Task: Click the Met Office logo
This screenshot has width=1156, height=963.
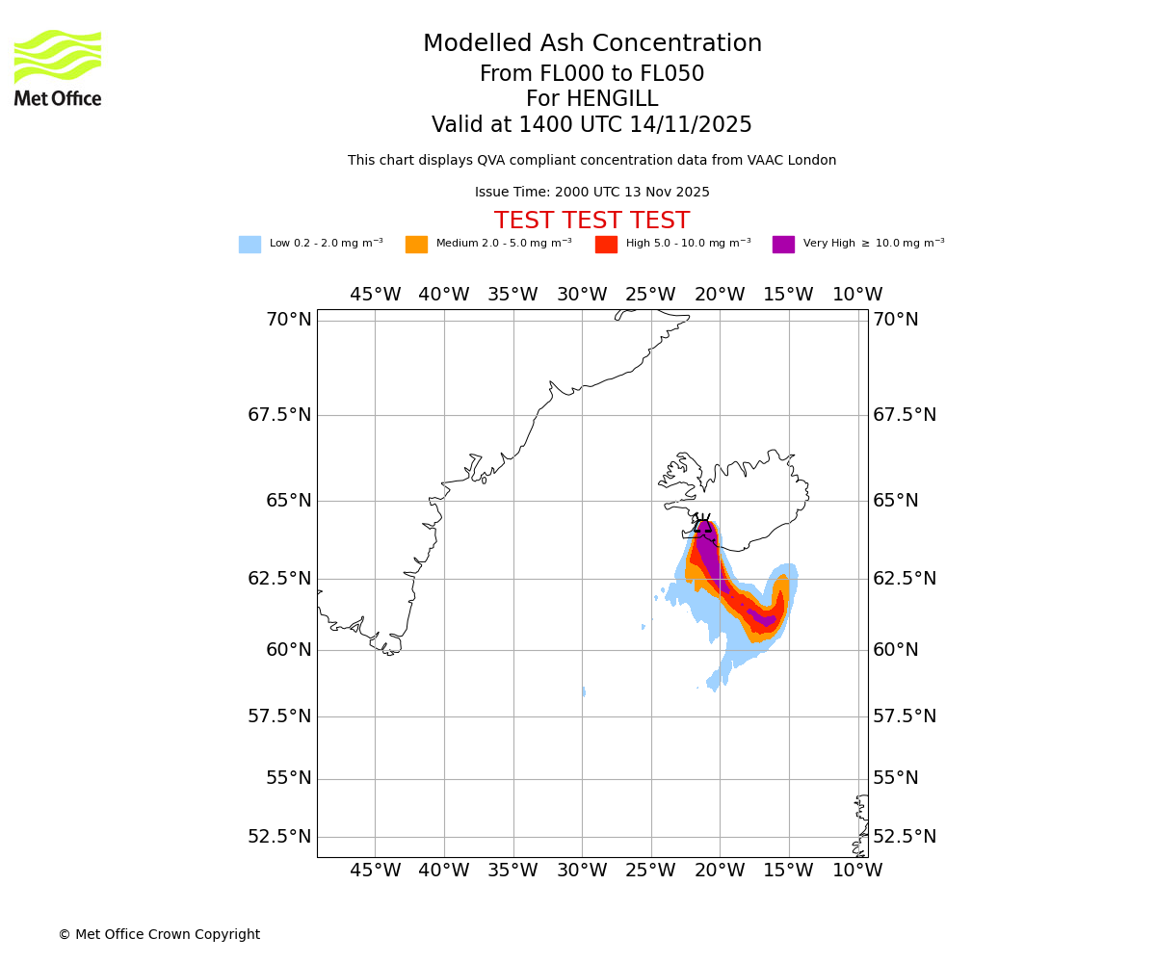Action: click(58, 67)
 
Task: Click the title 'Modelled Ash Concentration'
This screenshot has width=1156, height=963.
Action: click(591, 44)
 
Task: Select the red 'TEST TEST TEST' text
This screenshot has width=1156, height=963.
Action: click(591, 221)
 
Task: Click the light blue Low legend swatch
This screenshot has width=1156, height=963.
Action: click(250, 245)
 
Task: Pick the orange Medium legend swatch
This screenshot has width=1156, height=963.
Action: click(416, 245)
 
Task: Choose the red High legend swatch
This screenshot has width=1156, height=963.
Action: click(606, 245)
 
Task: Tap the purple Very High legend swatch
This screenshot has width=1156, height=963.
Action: click(783, 245)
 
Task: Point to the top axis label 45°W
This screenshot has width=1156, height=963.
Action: click(375, 295)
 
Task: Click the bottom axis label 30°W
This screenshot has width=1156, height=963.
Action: click(582, 871)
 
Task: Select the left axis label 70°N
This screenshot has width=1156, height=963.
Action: click(288, 320)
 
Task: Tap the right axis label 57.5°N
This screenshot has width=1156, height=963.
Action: click(904, 716)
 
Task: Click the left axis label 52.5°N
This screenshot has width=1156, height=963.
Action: click(279, 836)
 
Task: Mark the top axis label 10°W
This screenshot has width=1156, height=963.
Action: click(857, 295)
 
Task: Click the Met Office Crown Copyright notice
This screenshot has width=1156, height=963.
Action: click(159, 934)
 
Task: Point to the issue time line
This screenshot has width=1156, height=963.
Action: click(591, 193)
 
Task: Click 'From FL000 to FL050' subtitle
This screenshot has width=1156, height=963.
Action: click(591, 74)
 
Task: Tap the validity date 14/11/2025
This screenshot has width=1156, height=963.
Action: click(691, 125)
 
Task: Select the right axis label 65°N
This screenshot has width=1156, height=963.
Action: click(895, 501)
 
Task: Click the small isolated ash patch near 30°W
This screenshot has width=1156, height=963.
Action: click(584, 691)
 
